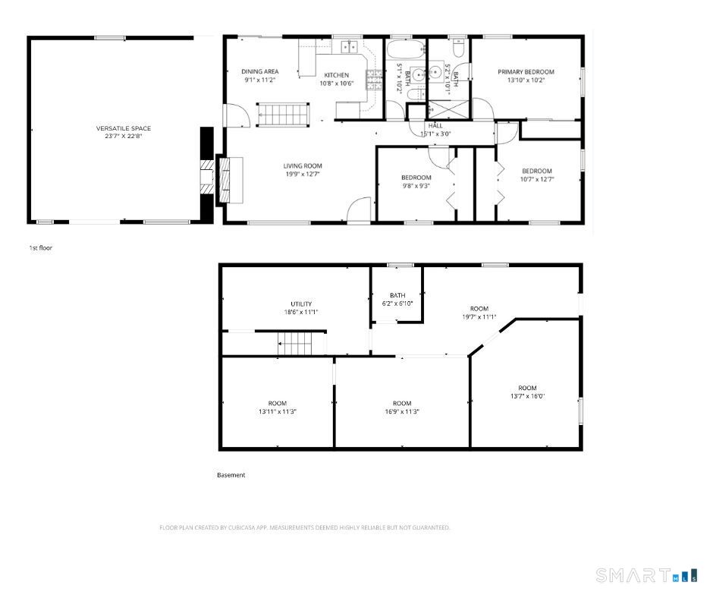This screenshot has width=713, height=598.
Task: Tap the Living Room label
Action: [x=303, y=166]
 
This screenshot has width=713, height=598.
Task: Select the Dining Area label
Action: [x=259, y=71]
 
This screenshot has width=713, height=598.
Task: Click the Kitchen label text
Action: [x=337, y=75]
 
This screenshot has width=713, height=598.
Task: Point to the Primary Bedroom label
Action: [x=526, y=72]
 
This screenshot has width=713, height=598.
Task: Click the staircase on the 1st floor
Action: [x=284, y=115]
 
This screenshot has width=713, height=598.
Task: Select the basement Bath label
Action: [x=397, y=295]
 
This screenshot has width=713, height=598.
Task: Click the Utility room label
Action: [x=301, y=304]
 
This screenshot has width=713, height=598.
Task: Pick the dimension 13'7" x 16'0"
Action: [x=527, y=396]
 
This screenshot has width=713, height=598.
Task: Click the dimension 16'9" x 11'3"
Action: [x=402, y=412]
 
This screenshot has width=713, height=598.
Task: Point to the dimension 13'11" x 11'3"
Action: [x=277, y=412]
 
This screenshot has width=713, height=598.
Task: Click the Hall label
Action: [x=435, y=126]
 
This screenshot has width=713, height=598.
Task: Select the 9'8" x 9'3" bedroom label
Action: [x=416, y=178]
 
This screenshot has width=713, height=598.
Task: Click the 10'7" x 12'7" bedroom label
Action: [x=536, y=172]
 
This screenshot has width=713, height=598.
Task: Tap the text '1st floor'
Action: [x=41, y=248]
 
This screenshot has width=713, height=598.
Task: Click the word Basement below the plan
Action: [x=231, y=475]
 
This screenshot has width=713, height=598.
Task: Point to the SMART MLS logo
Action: [x=645, y=575]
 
